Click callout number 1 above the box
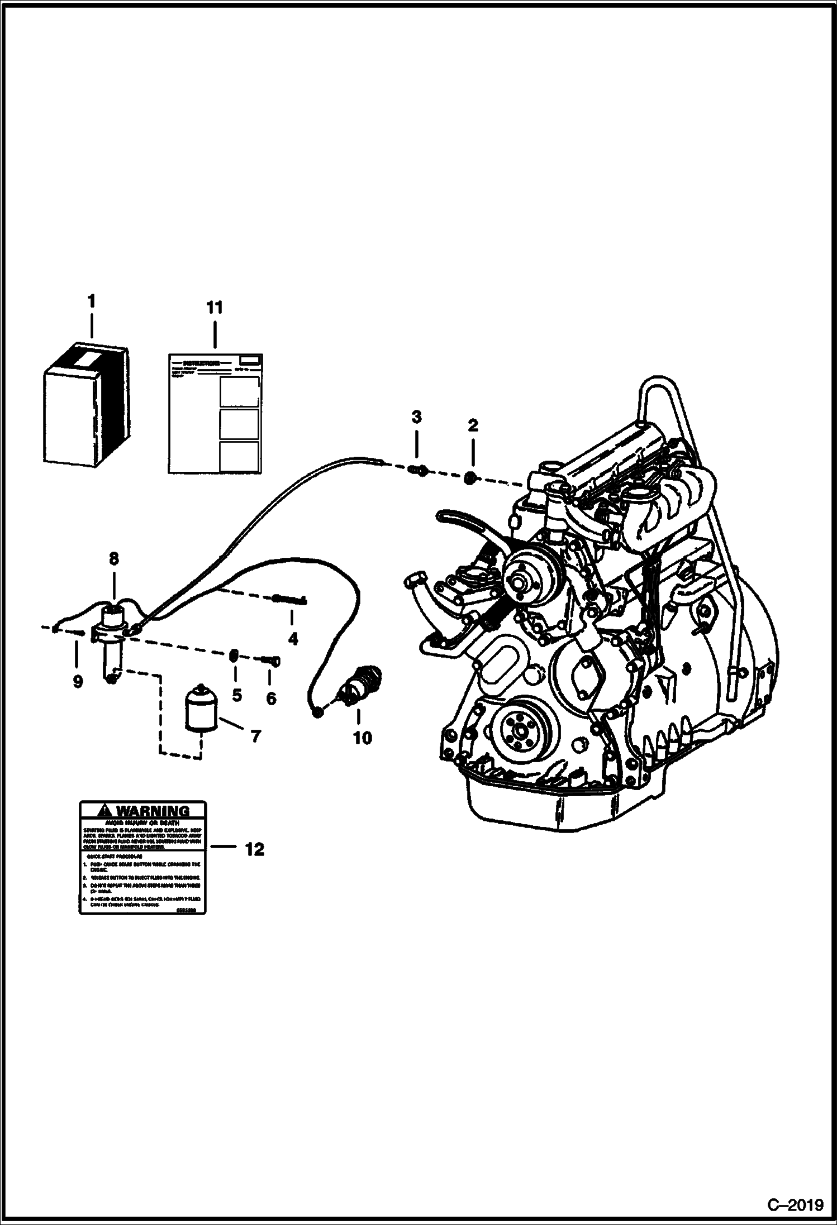(x=91, y=302)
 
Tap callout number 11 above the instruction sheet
(x=215, y=307)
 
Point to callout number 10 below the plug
(x=362, y=738)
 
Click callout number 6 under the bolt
(x=270, y=698)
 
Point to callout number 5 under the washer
(x=237, y=695)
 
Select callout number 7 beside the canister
(x=255, y=736)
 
